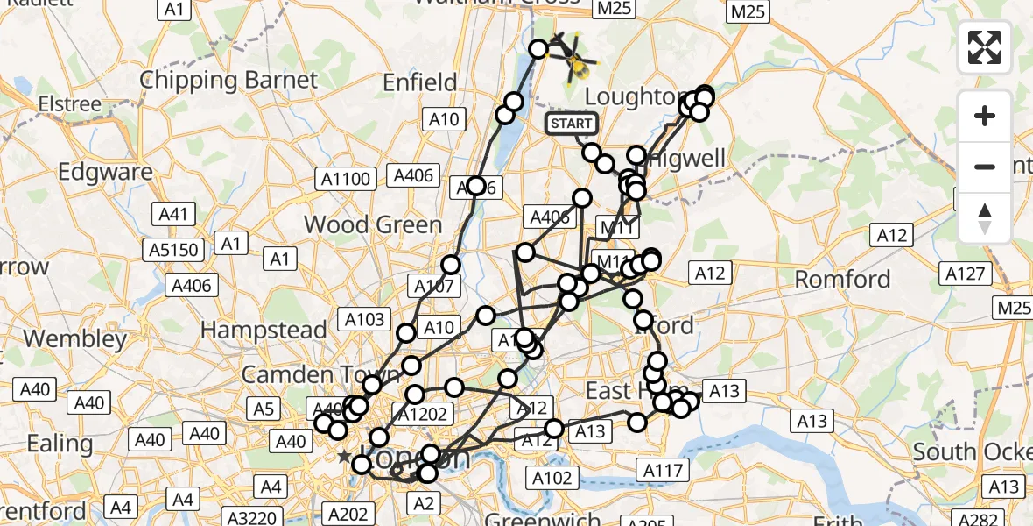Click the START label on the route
click(x=572, y=124)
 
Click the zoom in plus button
click(x=985, y=116)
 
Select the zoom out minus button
click(x=985, y=167)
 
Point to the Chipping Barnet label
click(x=228, y=81)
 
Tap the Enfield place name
click(x=420, y=83)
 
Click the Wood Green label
click(x=373, y=224)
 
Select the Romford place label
click(x=842, y=280)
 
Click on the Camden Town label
click(x=308, y=373)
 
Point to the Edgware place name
click(x=105, y=172)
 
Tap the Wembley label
click(x=75, y=338)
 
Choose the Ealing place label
click(x=60, y=444)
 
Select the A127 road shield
click(x=967, y=274)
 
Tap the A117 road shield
click(x=662, y=471)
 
